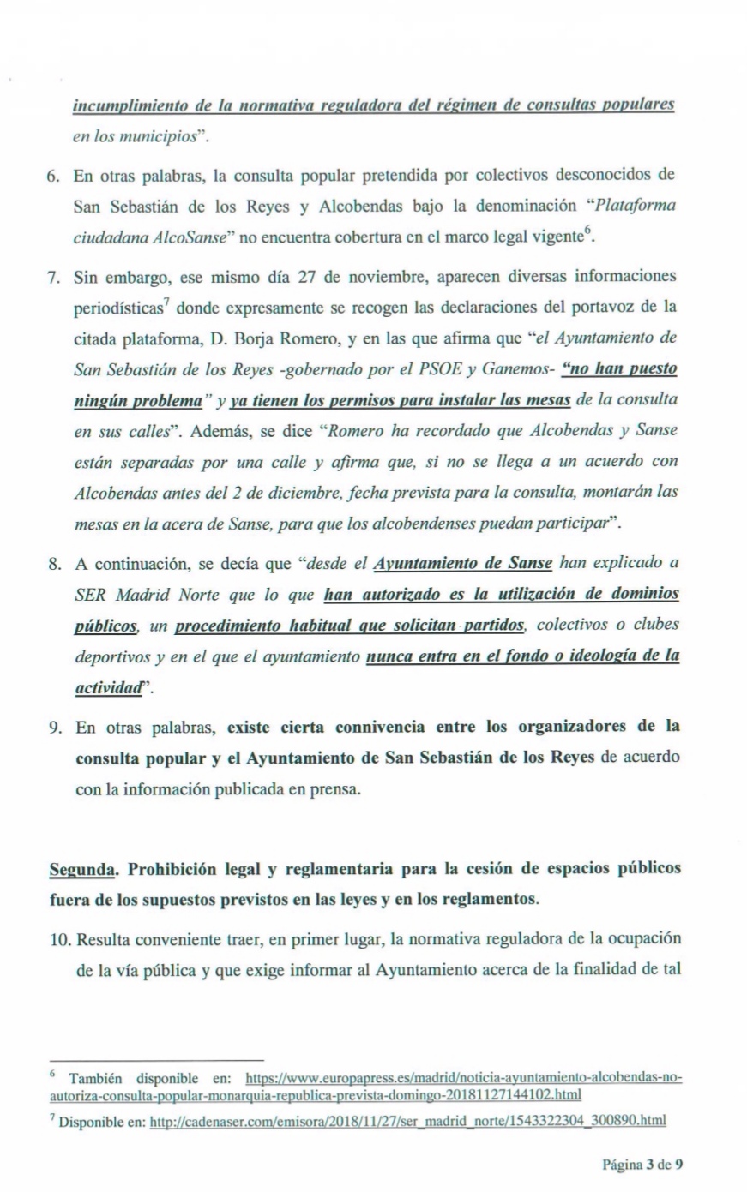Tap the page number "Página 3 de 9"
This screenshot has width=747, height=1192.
[642, 1164]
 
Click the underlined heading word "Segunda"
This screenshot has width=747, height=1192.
[81, 869]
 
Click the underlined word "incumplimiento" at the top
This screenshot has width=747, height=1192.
[127, 105]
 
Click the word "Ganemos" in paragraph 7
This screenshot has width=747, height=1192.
[524, 369]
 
